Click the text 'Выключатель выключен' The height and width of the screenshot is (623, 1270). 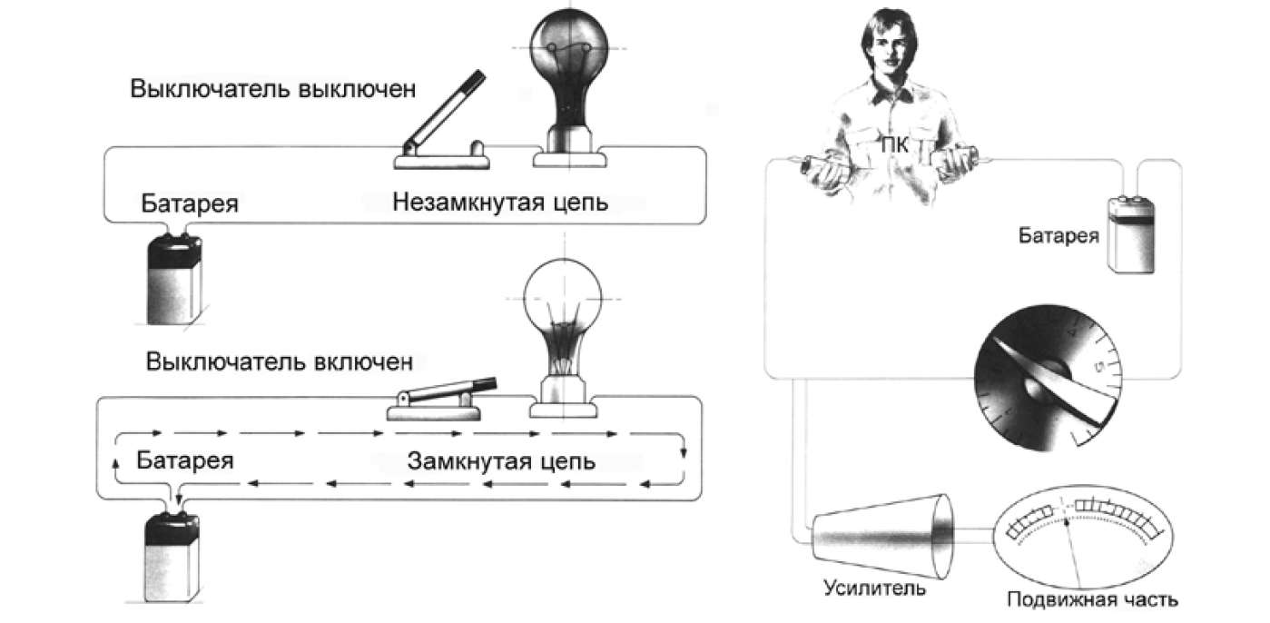pos(272,89)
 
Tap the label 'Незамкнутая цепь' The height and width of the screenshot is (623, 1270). pos(500,202)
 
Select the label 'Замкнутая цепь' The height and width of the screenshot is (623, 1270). pos(501,461)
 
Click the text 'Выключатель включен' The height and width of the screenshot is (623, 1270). pos(280,362)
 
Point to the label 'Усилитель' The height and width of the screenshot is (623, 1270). pos(874,588)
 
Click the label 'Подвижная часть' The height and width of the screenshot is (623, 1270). pos(1093,599)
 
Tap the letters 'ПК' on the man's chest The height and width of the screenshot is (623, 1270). pos(895,145)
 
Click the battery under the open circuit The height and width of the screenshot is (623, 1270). pos(174,279)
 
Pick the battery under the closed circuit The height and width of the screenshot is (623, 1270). pos(172,556)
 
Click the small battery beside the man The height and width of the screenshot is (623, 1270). pos(1131,234)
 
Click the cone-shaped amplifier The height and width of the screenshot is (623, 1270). pos(882,536)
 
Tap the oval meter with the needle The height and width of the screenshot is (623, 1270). pos(1084,537)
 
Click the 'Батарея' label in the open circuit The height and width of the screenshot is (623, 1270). pos(190,203)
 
